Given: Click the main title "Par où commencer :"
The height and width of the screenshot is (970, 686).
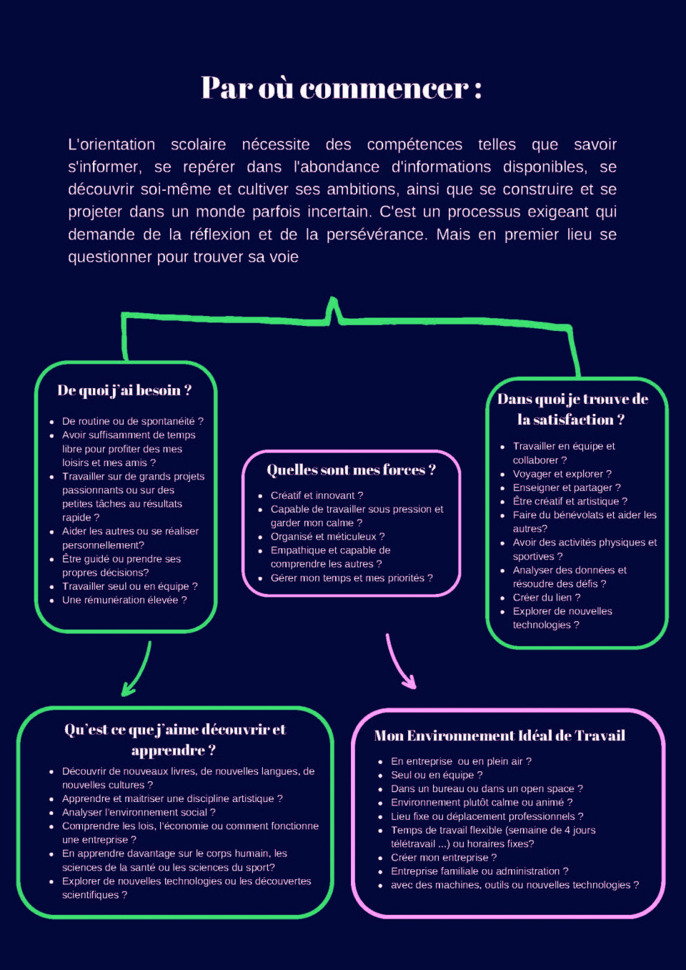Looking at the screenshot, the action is (x=342, y=89).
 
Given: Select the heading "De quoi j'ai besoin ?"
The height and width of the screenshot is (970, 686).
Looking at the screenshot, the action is (x=124, y=390).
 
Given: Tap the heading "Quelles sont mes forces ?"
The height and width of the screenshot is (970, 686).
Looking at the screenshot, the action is (x=351, y=470).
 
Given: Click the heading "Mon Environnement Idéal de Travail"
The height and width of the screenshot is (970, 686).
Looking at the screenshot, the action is (x=499, y=736).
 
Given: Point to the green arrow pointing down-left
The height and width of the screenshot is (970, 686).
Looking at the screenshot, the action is (x=139, y=670).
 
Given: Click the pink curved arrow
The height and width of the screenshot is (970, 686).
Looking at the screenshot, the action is (x=398, y=663).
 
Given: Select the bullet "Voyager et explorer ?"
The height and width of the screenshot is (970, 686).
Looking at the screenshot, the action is (x=562, y=474).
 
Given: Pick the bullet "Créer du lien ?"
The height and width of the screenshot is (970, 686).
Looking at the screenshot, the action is (x=547, y=598).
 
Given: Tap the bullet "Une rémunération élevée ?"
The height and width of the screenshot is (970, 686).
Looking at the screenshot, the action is (x=124, y=600).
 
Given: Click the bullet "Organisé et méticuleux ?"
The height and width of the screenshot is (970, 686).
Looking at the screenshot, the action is (x=327, y=537).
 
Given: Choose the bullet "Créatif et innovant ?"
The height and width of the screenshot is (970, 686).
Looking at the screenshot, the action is (x=317, y=495).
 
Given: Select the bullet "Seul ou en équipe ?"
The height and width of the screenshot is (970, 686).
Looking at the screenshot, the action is (x=437, y=775).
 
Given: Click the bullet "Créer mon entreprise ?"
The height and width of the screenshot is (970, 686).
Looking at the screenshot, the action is (x=444, y=857).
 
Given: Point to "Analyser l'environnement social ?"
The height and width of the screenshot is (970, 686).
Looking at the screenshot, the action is (x=139, y=812).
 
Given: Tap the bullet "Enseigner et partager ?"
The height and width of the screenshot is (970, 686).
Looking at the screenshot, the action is (x=567, y=488).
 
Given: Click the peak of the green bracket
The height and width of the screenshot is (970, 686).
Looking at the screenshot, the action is (x=333, y=299).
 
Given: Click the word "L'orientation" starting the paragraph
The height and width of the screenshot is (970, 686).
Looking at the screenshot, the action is (x=111, y=144).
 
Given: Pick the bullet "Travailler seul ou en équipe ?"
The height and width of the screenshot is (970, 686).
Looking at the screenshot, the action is (x=129, y=586).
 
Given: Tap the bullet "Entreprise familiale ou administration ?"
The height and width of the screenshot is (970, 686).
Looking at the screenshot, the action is (x=479, y=871).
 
